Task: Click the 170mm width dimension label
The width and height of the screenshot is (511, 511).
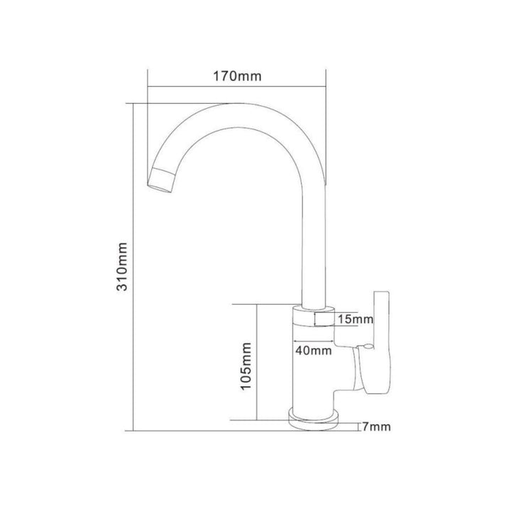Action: (x=237, y=76)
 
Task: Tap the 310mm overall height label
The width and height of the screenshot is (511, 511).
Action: (x=122, y=266)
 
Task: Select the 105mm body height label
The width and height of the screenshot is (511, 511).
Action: (x=246, y=366)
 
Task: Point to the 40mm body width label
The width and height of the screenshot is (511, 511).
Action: (x=314, y=351)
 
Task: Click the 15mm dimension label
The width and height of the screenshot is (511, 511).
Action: (x=356, y=319)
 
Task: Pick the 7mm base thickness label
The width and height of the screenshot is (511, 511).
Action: (x=376, y=427)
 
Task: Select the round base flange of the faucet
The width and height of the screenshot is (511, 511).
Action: (x=314, y=422)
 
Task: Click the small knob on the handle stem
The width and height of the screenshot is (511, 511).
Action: (x=368, y=346)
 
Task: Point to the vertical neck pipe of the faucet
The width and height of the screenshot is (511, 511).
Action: (x=314, y=248)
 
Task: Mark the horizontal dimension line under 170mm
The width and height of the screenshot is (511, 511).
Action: (x=237, y=87)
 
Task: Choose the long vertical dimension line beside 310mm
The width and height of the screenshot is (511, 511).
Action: (x=133, y=268)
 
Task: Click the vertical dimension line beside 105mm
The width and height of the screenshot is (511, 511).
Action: (x=257, y=362)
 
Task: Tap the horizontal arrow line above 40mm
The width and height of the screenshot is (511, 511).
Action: (x=314, y=341)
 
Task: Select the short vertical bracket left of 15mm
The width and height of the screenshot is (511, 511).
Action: (x=315, y=319)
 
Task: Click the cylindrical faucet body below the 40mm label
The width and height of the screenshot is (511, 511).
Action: (x=313, y=378)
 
